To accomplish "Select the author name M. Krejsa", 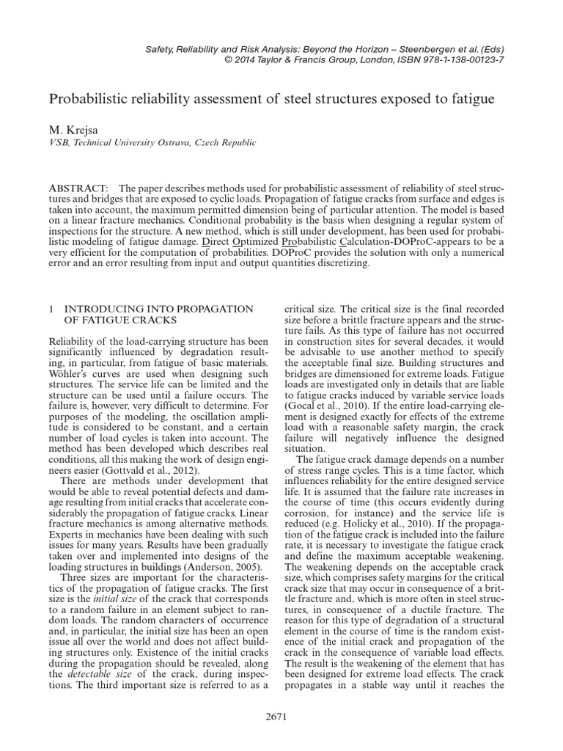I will (x=73, y=130).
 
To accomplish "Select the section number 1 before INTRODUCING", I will (x=51, y=309).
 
